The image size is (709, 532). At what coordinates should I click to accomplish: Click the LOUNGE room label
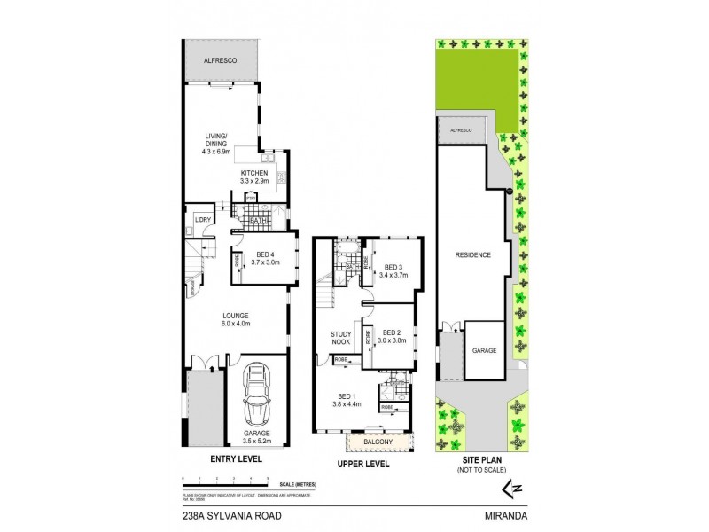pyautogui.click(x=236, y=315)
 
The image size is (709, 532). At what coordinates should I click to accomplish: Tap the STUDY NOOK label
pyautogui.click(x=342, y=337)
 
